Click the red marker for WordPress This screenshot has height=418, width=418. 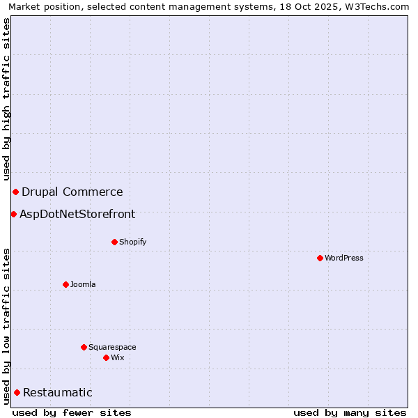[x=320, y=258]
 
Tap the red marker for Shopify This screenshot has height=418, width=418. [x=114, y=242]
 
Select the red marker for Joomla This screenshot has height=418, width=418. [x=65, y=284]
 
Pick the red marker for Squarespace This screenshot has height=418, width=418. [x=84, y=347]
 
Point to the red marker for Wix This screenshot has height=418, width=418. [x=106, y=357]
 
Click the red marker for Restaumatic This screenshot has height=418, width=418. [x=17, y=392]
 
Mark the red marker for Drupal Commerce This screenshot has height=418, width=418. [x=15, y=192]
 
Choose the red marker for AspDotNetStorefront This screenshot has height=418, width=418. [x=13, y=214]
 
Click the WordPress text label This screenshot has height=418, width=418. [x=344, y=258]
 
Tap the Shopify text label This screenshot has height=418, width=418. [x=133, y=242]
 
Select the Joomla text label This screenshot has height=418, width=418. [x=83, y=284]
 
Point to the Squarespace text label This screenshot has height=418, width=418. [x=112, y=347]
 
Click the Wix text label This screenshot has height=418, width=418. [x=118, y=357]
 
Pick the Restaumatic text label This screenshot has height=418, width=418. [x=58, y=392]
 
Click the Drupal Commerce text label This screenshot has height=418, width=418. [x=72, y=192]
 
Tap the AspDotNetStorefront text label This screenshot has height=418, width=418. [x=77, y=214]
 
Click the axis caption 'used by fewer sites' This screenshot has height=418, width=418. [x=72, y=412]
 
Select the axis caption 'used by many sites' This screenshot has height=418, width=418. [x=350, y=412]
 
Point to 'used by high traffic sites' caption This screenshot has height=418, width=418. [x=6, y=99]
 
